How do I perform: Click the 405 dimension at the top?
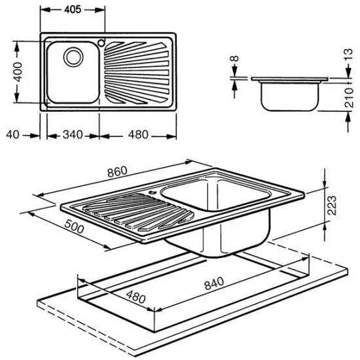tap(72, 10)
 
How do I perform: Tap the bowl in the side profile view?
tap(289, 95)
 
